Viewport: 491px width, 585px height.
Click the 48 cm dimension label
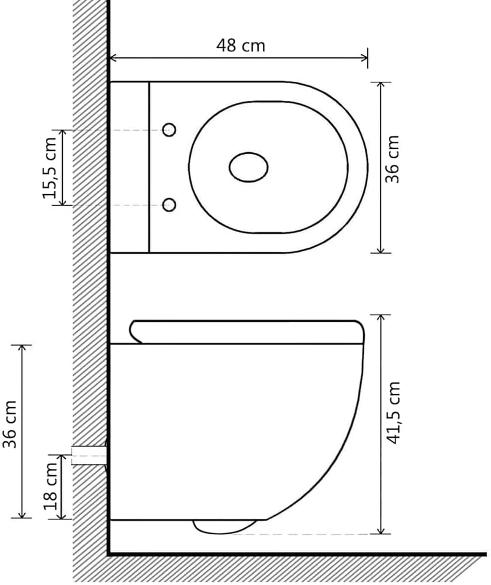pyautogui.click(x=241, y=45)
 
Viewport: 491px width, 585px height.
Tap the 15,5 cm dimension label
pyautogui.click(x=50, y=168)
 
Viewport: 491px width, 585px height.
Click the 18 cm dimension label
pyautogui.click(x=50, y=487)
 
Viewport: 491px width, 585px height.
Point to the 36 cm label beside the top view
pyautogui.click(x=392, y=159)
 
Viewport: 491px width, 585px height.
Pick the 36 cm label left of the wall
pyautogui.click(x=10, y=424)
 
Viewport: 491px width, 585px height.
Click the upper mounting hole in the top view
pyautogui.click(x=170, y=130)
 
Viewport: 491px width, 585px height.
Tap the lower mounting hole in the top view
pyautogui.click(x=170, y=204)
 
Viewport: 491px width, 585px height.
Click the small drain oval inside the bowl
pyautogui.click(x=248, y=167)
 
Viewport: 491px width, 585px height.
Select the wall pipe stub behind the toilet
pyautogui.click(x=90, y=455)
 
